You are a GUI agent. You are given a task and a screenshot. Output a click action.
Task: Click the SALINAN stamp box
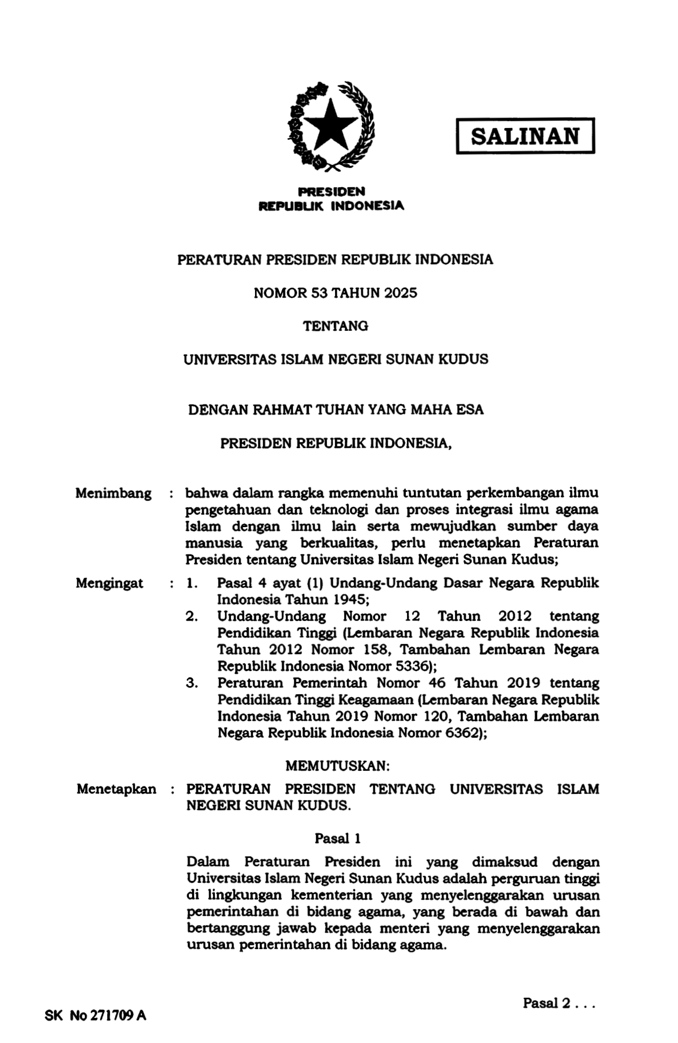525,136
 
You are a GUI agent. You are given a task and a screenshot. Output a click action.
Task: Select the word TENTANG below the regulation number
336,326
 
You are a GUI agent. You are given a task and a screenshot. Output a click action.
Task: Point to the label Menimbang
113,493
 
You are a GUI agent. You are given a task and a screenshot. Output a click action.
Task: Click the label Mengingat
109,583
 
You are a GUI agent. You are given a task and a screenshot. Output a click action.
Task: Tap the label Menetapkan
116,789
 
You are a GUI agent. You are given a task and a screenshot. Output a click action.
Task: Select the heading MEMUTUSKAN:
338,766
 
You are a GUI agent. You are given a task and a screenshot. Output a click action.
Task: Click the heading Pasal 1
338,839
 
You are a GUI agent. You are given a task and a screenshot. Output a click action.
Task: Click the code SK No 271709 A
95,1015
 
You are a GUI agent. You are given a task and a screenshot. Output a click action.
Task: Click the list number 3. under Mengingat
192,683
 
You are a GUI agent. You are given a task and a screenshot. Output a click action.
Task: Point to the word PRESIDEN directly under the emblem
331,191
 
